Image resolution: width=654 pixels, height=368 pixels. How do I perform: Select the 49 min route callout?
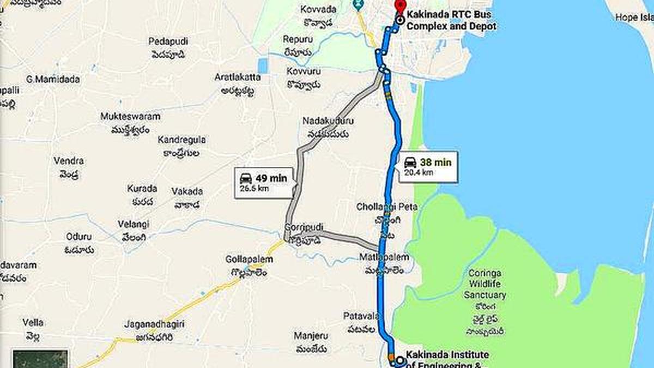coord(264,183)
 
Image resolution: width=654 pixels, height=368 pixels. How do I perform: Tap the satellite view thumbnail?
coord(40,359)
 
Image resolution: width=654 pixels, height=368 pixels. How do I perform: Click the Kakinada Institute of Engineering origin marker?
coord(400,360)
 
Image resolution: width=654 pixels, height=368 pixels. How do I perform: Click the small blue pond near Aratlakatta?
coord(263,66)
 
